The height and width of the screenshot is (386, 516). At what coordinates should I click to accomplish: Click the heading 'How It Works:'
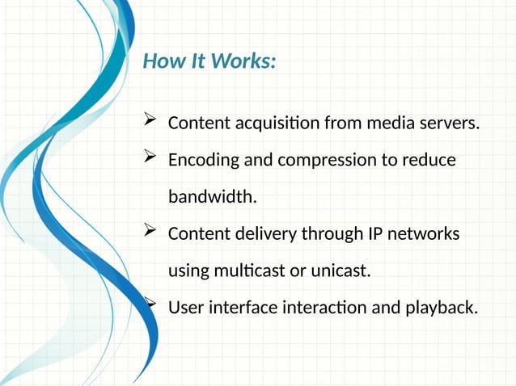tap(209, 61)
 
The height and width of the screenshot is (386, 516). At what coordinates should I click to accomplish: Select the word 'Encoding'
tap(204, 161)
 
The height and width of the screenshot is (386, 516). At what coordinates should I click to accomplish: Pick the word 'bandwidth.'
tap(212, 197)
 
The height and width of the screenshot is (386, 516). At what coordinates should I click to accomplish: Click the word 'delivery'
tap(267, 234)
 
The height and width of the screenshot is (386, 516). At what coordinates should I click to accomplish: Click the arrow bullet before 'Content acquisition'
tap(149, 122)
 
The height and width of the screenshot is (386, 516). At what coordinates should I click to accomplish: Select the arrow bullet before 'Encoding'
tap(149, 158)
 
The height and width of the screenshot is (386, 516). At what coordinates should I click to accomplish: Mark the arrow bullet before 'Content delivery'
tap(149, 232)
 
